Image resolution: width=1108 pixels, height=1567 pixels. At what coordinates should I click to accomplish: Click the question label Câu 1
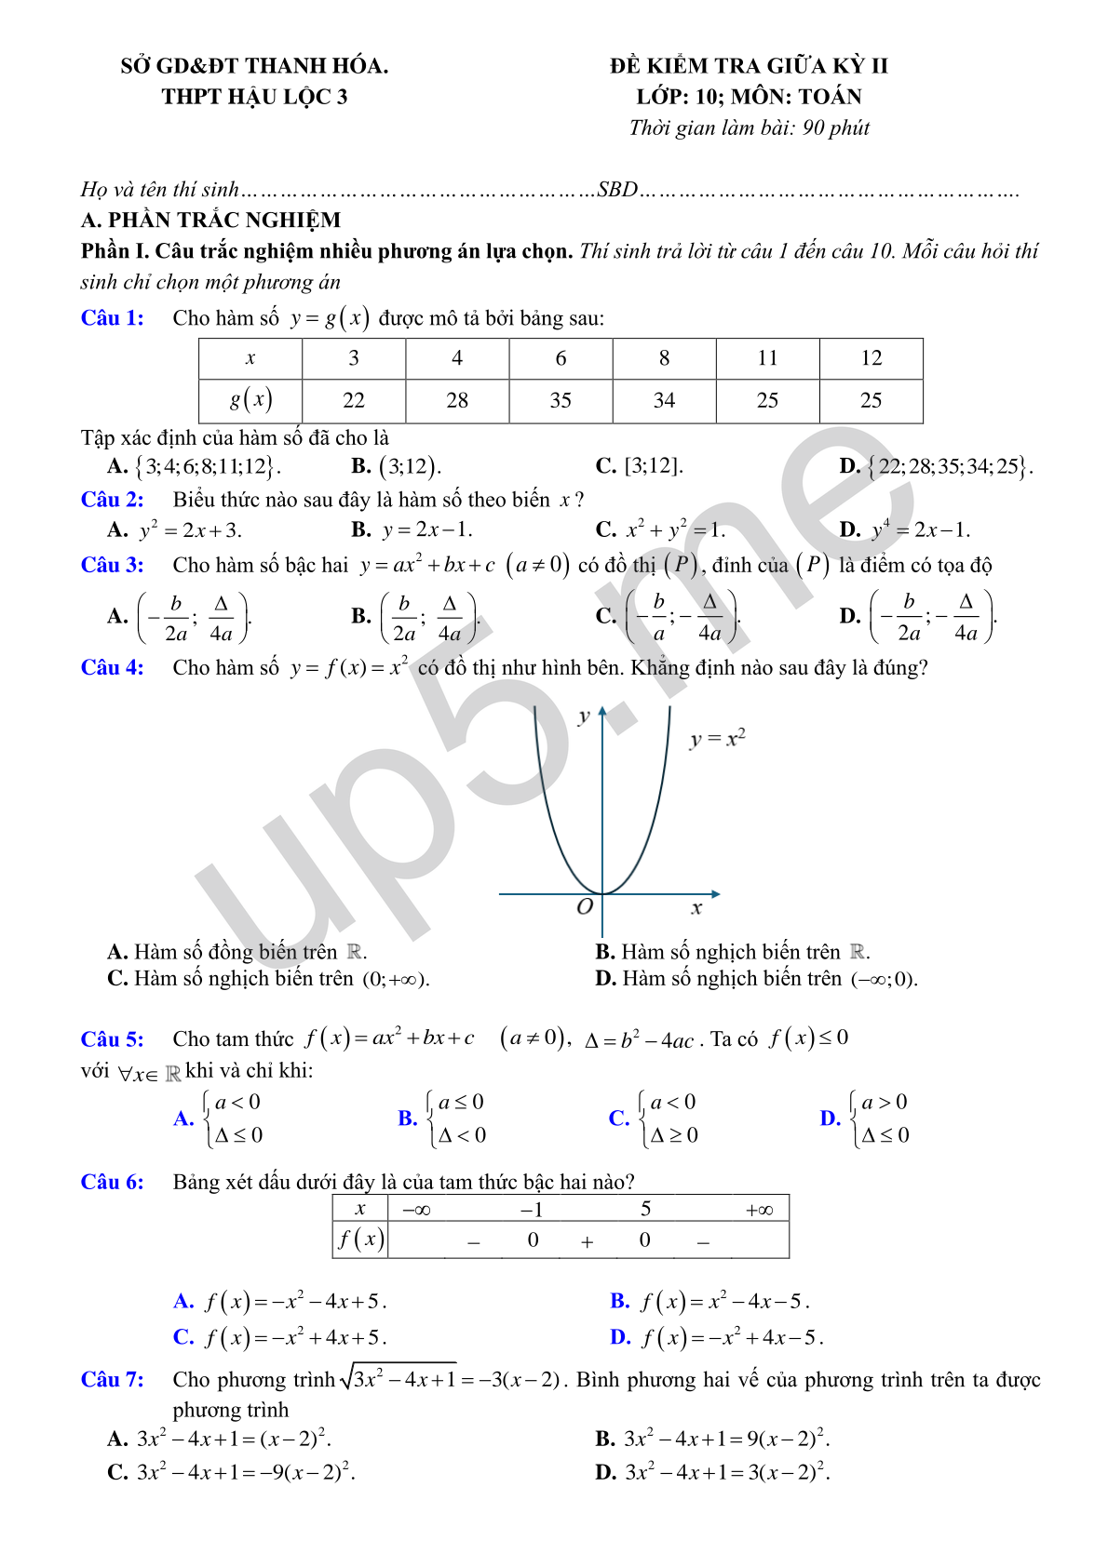(112, 318)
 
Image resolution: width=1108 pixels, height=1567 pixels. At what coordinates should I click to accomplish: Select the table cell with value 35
(561, 400)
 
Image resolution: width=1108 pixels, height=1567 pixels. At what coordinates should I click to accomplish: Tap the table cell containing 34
(664, 400)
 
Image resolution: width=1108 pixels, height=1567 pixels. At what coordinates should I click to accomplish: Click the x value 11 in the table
(767, 358)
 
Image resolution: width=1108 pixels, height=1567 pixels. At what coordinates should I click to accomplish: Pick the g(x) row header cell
(250, 400)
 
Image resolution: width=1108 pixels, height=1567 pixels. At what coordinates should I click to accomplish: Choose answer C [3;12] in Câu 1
(640, 466)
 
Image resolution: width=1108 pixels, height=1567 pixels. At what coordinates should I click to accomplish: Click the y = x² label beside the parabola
(717, 739)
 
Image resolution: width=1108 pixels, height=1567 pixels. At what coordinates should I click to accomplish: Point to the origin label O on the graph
(585, 907)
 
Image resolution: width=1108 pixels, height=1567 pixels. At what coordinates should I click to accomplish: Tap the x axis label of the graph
(696, 908)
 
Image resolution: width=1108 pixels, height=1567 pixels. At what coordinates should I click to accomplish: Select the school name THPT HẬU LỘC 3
(254, 97)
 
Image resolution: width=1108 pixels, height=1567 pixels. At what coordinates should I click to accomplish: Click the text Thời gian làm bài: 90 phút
(749, 128)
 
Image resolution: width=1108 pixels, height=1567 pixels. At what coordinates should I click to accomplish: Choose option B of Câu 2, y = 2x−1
(412, 530)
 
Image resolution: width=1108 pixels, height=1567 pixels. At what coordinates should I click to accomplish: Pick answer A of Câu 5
(219, 1118)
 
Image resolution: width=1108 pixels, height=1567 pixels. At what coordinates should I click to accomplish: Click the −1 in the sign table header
(532, 1210)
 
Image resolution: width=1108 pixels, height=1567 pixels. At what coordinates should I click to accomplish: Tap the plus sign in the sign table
(587, 1241)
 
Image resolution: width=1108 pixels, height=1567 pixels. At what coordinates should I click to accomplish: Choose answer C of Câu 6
(279, 1338)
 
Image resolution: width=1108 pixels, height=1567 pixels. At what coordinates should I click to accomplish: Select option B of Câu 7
(712, 1440)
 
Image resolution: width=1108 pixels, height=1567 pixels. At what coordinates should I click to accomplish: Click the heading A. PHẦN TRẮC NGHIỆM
(210, 221)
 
